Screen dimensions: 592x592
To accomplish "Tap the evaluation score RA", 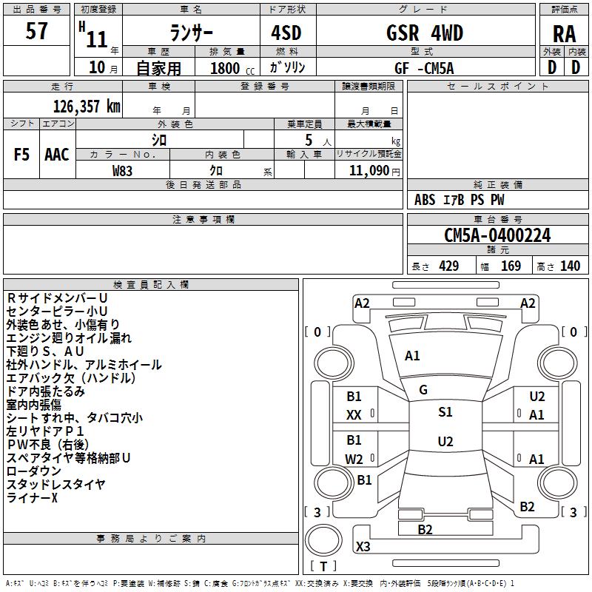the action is point(564,34).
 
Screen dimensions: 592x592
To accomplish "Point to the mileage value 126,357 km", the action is point(87,106).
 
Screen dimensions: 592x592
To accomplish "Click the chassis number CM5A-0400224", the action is point(497,236).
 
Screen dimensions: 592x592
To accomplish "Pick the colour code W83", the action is point(123,171).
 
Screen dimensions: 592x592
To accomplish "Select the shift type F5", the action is point(22,155).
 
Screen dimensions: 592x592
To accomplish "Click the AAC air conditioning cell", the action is point(57,155).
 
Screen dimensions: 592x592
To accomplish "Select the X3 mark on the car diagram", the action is point(363,547).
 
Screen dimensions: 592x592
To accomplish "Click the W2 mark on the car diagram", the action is point(354,459).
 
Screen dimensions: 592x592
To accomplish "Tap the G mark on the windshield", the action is point(423,389).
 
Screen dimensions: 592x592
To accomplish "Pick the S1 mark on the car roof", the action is point(445,412).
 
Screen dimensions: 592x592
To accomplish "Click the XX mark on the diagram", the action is point(354,416).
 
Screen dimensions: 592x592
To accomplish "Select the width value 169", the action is point(511,266).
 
